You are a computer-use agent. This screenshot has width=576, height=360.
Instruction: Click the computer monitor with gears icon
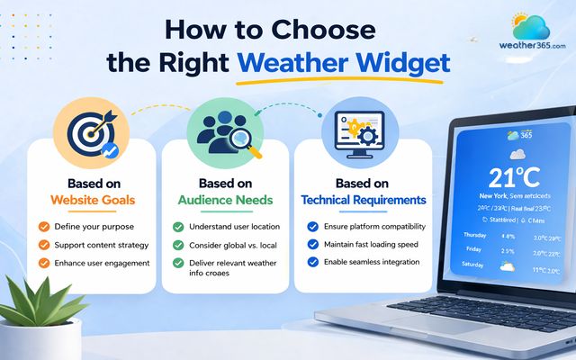pyautogui.click(x=357, y=130)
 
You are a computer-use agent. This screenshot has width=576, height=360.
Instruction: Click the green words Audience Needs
pyautogui.click(x=225, y=199)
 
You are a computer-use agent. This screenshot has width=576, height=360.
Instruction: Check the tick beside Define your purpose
pyautogui.click(x=43, y=227)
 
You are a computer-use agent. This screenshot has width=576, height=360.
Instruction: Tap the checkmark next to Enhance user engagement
pyautogui.click(x=43, y=263)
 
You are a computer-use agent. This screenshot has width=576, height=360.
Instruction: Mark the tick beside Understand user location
pyautogui.click(x=178, y=227)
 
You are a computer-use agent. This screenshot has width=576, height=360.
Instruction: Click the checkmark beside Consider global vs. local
pyautogui.click(x=178, y=245)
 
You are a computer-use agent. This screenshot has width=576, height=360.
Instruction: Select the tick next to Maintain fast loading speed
pyautogui.click(x=312, y=244)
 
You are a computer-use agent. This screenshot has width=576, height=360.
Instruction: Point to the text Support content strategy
pyautogui.click(x=101, y=245)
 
